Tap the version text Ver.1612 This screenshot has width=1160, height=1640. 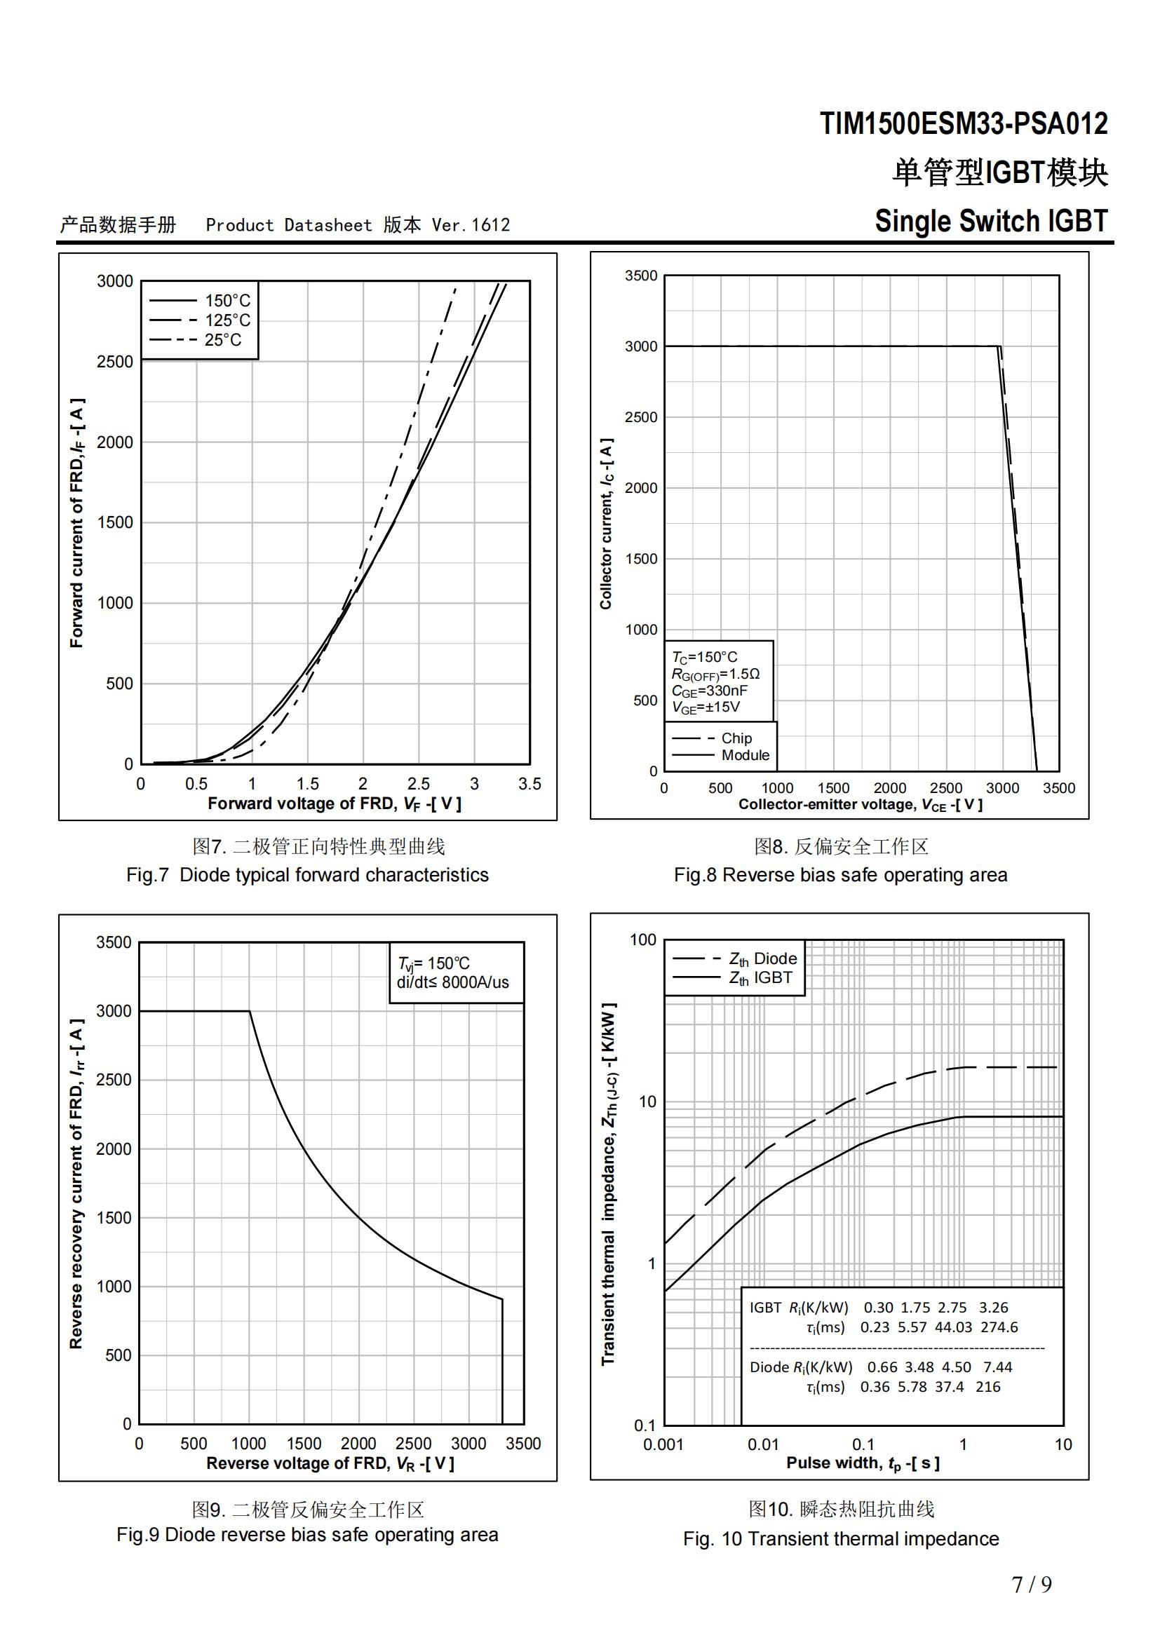[x=471, y=226]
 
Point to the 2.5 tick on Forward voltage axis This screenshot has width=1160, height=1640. [x=419, y=784]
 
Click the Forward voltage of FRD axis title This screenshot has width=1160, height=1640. [x=335, y=804]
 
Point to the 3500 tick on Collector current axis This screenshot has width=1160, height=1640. [x=641, y=276]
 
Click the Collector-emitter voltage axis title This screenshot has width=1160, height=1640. [x=860, y=805]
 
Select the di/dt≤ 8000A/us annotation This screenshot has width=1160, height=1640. [x=453, y=982]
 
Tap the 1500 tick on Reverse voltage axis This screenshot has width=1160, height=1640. [x=304, y=1444]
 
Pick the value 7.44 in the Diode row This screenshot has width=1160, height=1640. [x=997, y=1367]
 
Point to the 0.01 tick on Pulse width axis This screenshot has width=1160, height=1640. [x=763, y=1444]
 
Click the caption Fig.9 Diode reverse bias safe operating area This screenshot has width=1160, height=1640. [x=307, y=1535]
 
